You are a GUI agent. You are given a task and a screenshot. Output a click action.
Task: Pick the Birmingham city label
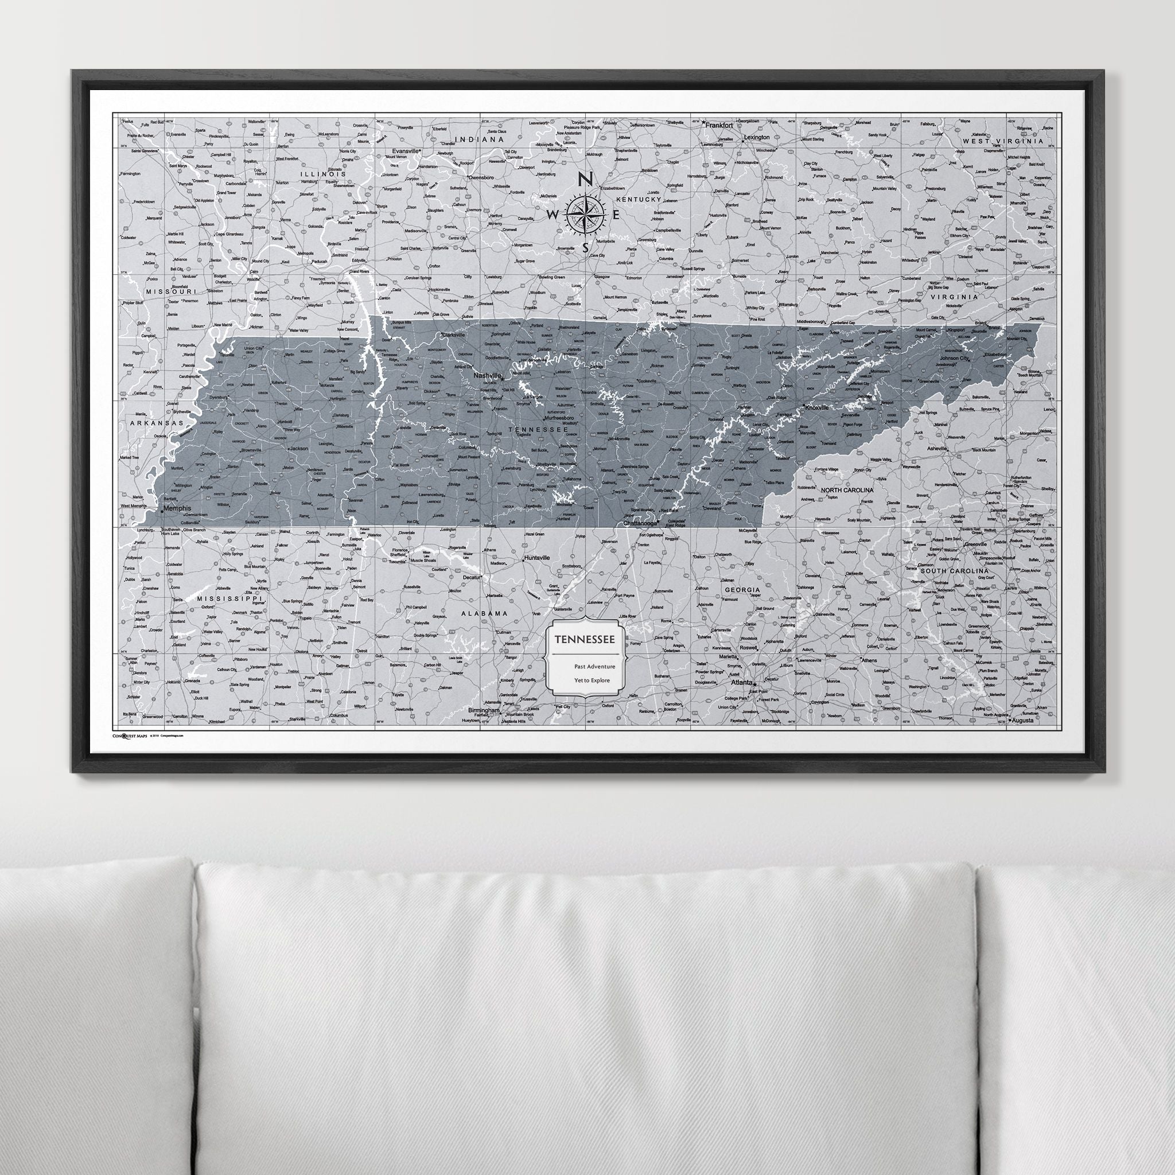(484, 710)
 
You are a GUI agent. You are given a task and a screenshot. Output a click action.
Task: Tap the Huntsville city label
(536, 557)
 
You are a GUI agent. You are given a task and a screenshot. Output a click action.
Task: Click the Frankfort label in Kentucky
(718, 124)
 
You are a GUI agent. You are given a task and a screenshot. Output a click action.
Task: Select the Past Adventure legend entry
(594, 667)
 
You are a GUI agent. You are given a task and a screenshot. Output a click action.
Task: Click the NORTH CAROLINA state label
(847, 489)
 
